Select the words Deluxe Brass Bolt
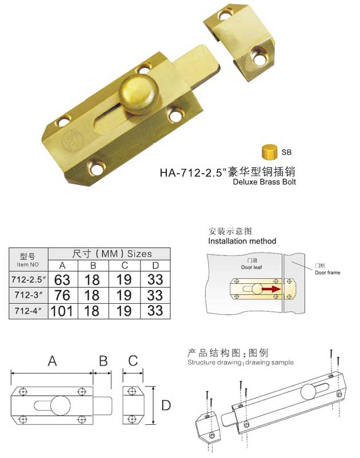[265, 183]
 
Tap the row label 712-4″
[28, 312]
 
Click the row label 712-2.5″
[28, 280]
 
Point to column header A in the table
[63, 265]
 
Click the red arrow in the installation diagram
[271, 290]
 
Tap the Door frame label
[327, 273]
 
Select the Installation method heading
[242, 242]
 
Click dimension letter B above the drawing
[103, 361]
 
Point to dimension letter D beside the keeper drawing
[166, 405]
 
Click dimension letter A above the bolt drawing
[52, 361]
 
